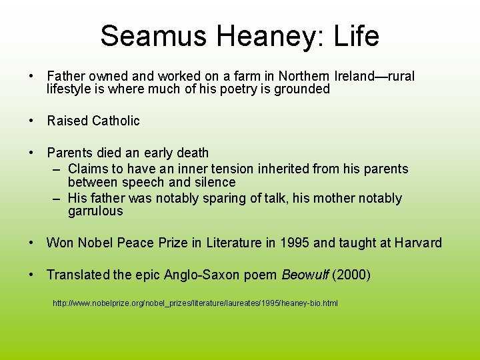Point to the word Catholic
click(116, 121)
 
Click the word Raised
click(67, 121)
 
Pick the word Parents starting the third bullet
click(70, 153)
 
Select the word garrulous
click(95, 211)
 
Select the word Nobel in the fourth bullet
click(97, 243)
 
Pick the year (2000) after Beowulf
click(352, 274)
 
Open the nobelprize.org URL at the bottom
click(195, 303)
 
